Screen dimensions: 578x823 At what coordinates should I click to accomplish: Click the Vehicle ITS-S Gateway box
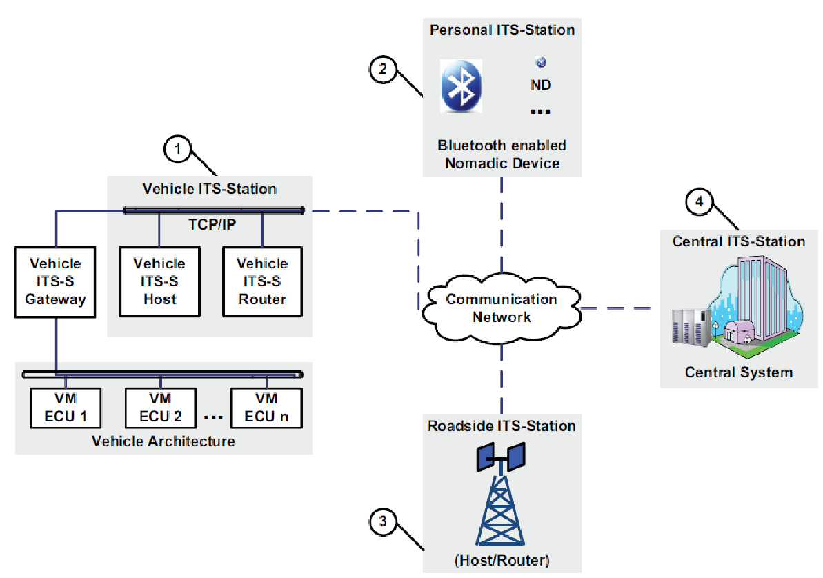(55, 281)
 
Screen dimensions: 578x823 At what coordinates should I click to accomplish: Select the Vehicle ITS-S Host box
(159, 281)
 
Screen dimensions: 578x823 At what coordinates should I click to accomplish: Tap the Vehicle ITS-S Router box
(262, 281)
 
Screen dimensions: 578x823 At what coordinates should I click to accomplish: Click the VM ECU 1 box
(65, 408)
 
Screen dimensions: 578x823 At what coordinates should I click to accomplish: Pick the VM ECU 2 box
(160, 408)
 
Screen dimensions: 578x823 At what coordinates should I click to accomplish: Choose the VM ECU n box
(266, 408)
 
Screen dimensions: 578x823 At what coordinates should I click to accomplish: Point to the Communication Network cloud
(502, 308)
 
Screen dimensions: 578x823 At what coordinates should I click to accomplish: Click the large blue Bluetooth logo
(462, 86)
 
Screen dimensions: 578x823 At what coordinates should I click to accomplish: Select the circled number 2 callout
(383, 69)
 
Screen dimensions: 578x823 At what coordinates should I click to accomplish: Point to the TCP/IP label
(211, 225)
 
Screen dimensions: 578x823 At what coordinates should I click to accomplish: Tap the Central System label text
(738, 372)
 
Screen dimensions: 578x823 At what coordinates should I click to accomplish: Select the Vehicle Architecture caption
(163, 441)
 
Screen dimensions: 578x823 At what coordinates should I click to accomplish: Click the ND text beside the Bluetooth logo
(541, 86)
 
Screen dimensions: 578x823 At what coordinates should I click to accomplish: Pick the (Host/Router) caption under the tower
(502, 560)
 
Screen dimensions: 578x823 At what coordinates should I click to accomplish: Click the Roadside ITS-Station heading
(502, 426)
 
